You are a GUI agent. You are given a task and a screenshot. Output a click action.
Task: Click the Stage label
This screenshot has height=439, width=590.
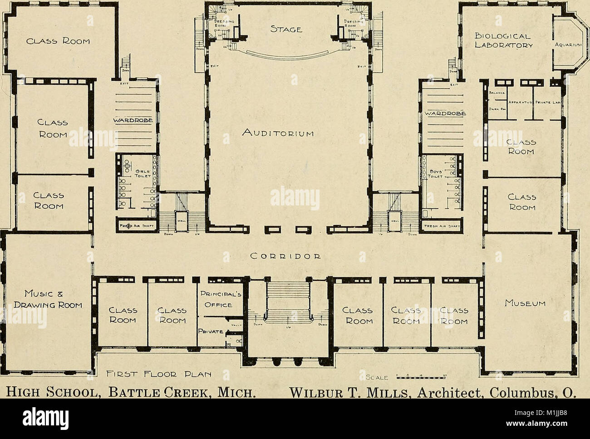[x=286, y=30]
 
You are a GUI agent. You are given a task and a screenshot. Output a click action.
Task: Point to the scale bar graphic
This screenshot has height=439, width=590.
[x=422, y=377]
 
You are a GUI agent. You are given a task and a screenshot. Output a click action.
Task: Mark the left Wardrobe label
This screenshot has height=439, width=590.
[x=135, y=120]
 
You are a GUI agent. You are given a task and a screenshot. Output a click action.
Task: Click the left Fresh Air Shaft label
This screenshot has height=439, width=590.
[x=137, y=226]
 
